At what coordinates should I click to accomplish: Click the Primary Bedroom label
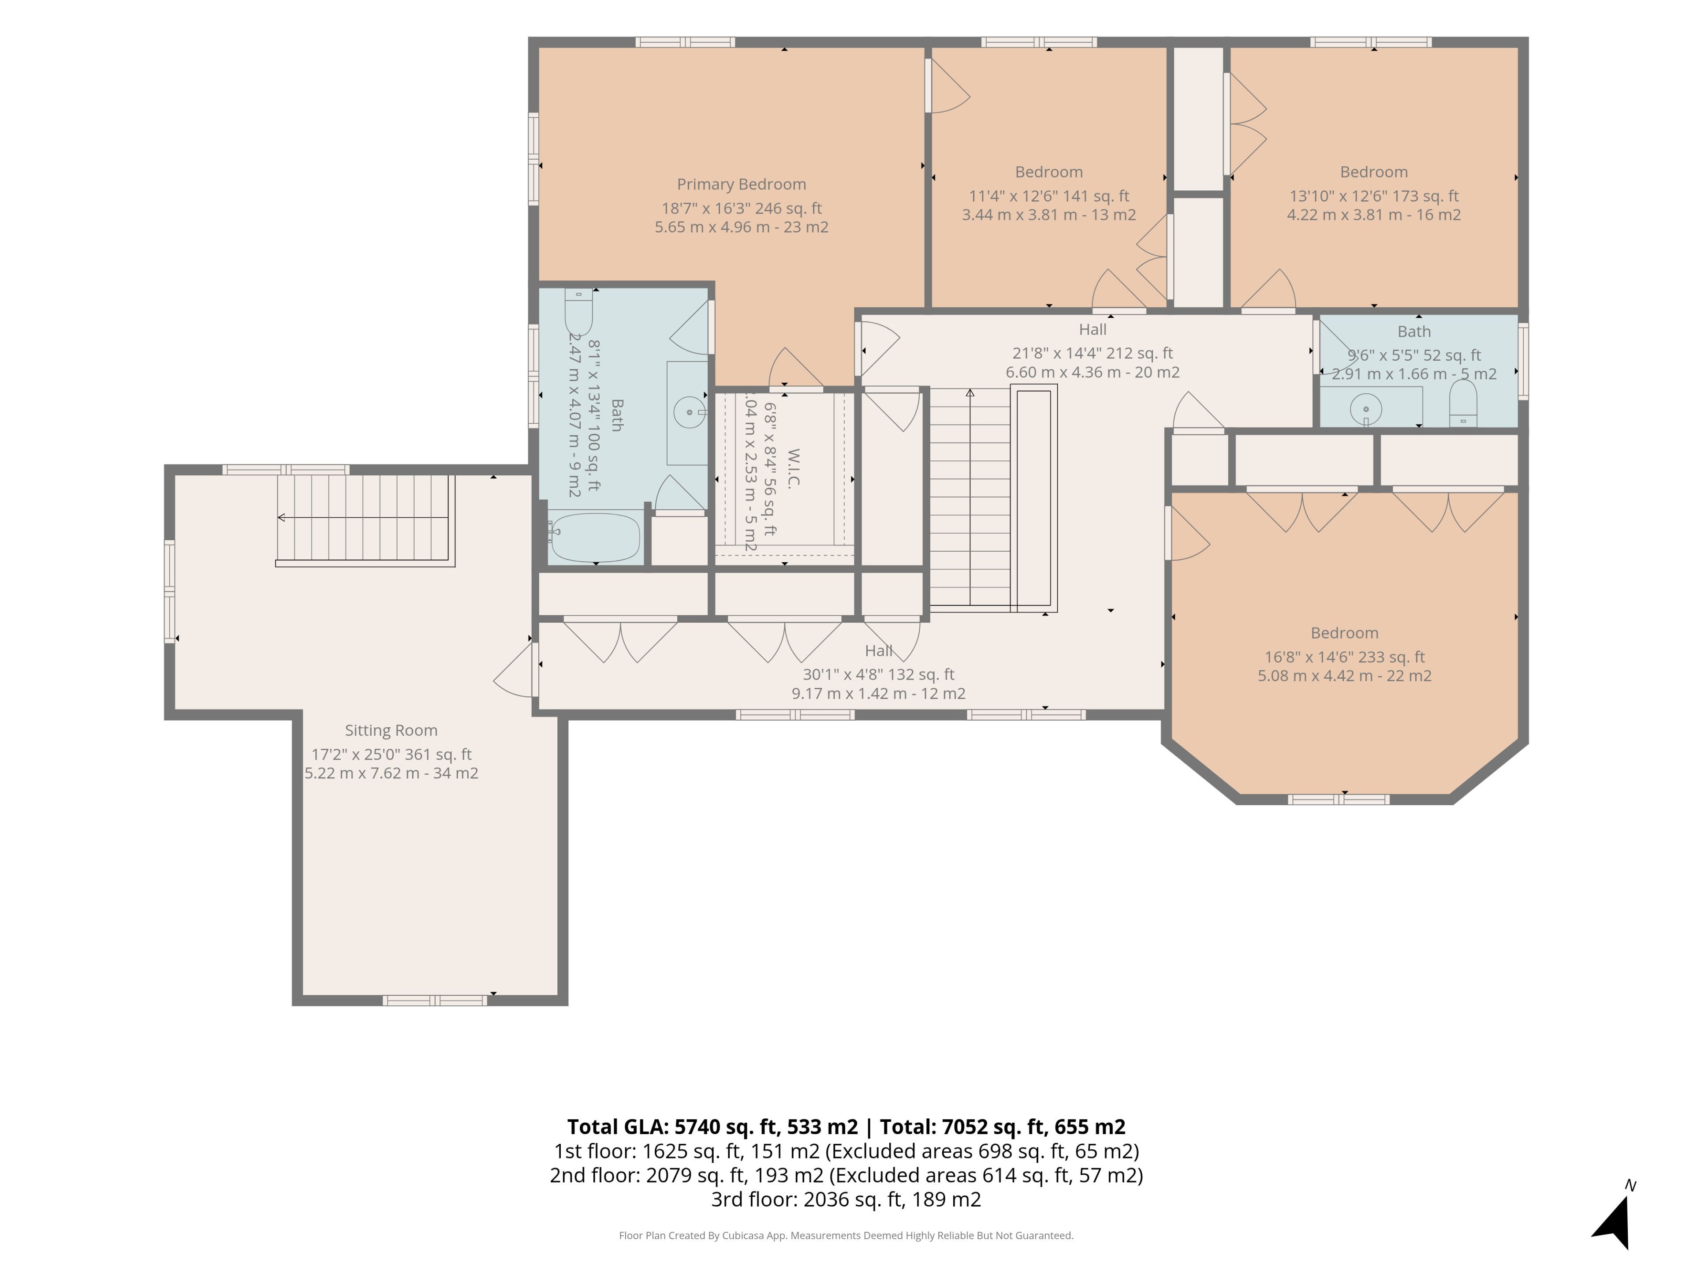(x=741, y=184)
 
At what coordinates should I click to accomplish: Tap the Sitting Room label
(x=391, y=730)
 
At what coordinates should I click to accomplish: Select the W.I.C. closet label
(x=793, y=468)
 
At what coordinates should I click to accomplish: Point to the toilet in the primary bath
(x=578, y=312)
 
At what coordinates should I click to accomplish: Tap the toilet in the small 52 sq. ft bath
(x=1462, y=403)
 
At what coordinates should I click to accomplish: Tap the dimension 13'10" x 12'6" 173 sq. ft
(x=1374, y=196)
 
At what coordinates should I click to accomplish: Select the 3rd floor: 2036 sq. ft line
(x=846, y=1199)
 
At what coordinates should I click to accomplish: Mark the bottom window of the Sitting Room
(x=435, y=1000)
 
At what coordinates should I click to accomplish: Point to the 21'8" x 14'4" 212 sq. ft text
(x=1092, y=353)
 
